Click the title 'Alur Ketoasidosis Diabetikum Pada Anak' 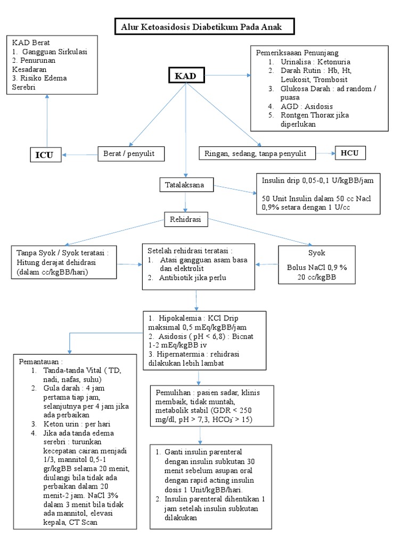click(x=204, y=27)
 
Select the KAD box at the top click(x=186, y=76)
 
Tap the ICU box click(x=45, y=155)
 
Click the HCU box click(x=350, y=153)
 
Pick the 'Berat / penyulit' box click(x=130, y=154)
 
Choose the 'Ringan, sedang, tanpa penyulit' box click(x=255, y=154)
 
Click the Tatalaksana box click(x=186, y=185)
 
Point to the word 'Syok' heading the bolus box click(x=316, y=253)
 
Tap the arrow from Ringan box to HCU click(x=324, y=154)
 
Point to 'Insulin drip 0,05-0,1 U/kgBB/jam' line click(x=317, y=180)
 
